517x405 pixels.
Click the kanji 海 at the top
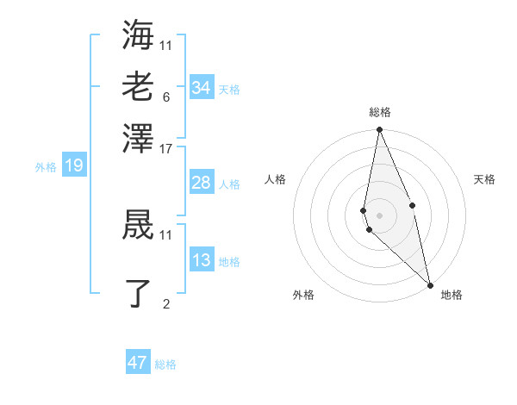[138, 34]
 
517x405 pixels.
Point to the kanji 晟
[138, 225]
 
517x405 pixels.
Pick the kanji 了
[138, 293]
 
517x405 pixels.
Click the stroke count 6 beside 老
[165, 97]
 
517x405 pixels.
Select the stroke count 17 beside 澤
[166, 148]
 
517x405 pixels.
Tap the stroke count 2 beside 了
[165, 303]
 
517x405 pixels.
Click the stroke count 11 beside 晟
[166, 234]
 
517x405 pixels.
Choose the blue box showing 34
[201, 88]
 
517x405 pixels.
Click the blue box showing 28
[201, 183]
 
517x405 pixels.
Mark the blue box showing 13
[201, 260]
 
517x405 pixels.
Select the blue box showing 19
[73, 165]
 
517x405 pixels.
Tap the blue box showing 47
[138, 363]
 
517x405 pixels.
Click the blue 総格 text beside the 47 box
[165, 364]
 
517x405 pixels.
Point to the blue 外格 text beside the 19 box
[46, 167]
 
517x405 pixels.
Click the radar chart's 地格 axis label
[452, 295]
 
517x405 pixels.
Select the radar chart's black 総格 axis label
[380, 112]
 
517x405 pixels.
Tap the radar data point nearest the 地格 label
[430, 284]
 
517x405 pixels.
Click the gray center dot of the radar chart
[379, 215]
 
